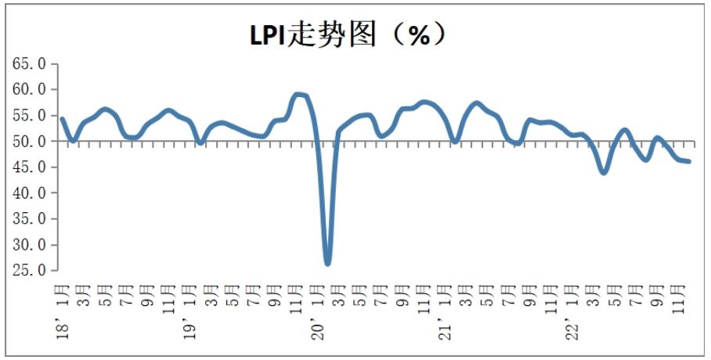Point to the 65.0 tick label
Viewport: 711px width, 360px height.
tap(30, 64)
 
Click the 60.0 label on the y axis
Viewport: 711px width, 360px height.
tap(30, 90)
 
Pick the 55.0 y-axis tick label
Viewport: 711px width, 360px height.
tap(30, 116)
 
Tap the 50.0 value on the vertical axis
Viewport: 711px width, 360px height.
tap(30, 142)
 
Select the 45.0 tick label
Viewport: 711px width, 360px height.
tap(30, 167)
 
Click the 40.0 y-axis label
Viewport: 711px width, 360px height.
tap(30, 193)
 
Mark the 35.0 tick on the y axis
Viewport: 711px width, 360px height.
tap(30, 219)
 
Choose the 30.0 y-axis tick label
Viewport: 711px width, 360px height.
tap(30, 245)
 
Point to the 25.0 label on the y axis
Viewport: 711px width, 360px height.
tap(30, 271)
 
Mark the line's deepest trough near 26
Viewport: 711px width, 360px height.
tap(327, 263)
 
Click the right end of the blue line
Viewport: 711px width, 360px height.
tap(688, 161)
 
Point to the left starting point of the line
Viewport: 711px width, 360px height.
tap(62, 119)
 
